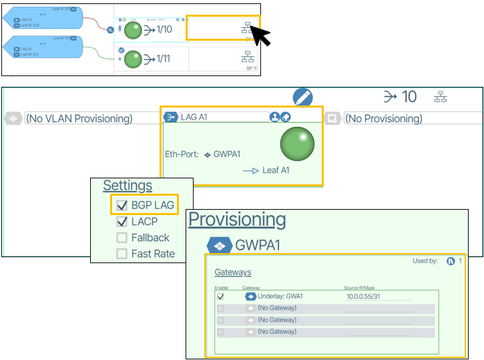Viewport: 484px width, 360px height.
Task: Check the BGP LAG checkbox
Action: tap(122, 206)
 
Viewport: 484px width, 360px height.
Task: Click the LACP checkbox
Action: tap(122, 222)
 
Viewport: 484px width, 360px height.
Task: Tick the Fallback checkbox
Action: tap(122, 238)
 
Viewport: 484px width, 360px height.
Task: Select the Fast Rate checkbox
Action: tap(122, 254)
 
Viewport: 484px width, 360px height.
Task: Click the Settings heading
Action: tap(128, 186)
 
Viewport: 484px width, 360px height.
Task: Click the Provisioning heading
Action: tap(237, 220)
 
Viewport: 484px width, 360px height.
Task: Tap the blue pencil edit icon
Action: tap(302, 98)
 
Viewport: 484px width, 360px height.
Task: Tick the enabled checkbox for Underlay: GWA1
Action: tap(221, 296)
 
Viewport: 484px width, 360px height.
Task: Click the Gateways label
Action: tap(233, 273)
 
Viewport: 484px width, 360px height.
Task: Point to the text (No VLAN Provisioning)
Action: tap(79, 119)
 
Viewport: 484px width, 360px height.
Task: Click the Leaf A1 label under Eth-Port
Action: tap(276, 170)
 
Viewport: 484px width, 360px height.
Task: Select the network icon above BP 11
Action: tap(248, 57)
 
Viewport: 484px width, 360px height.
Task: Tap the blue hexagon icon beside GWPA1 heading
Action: tap(220, 245)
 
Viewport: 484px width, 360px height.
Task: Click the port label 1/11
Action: tap(164, 59)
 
